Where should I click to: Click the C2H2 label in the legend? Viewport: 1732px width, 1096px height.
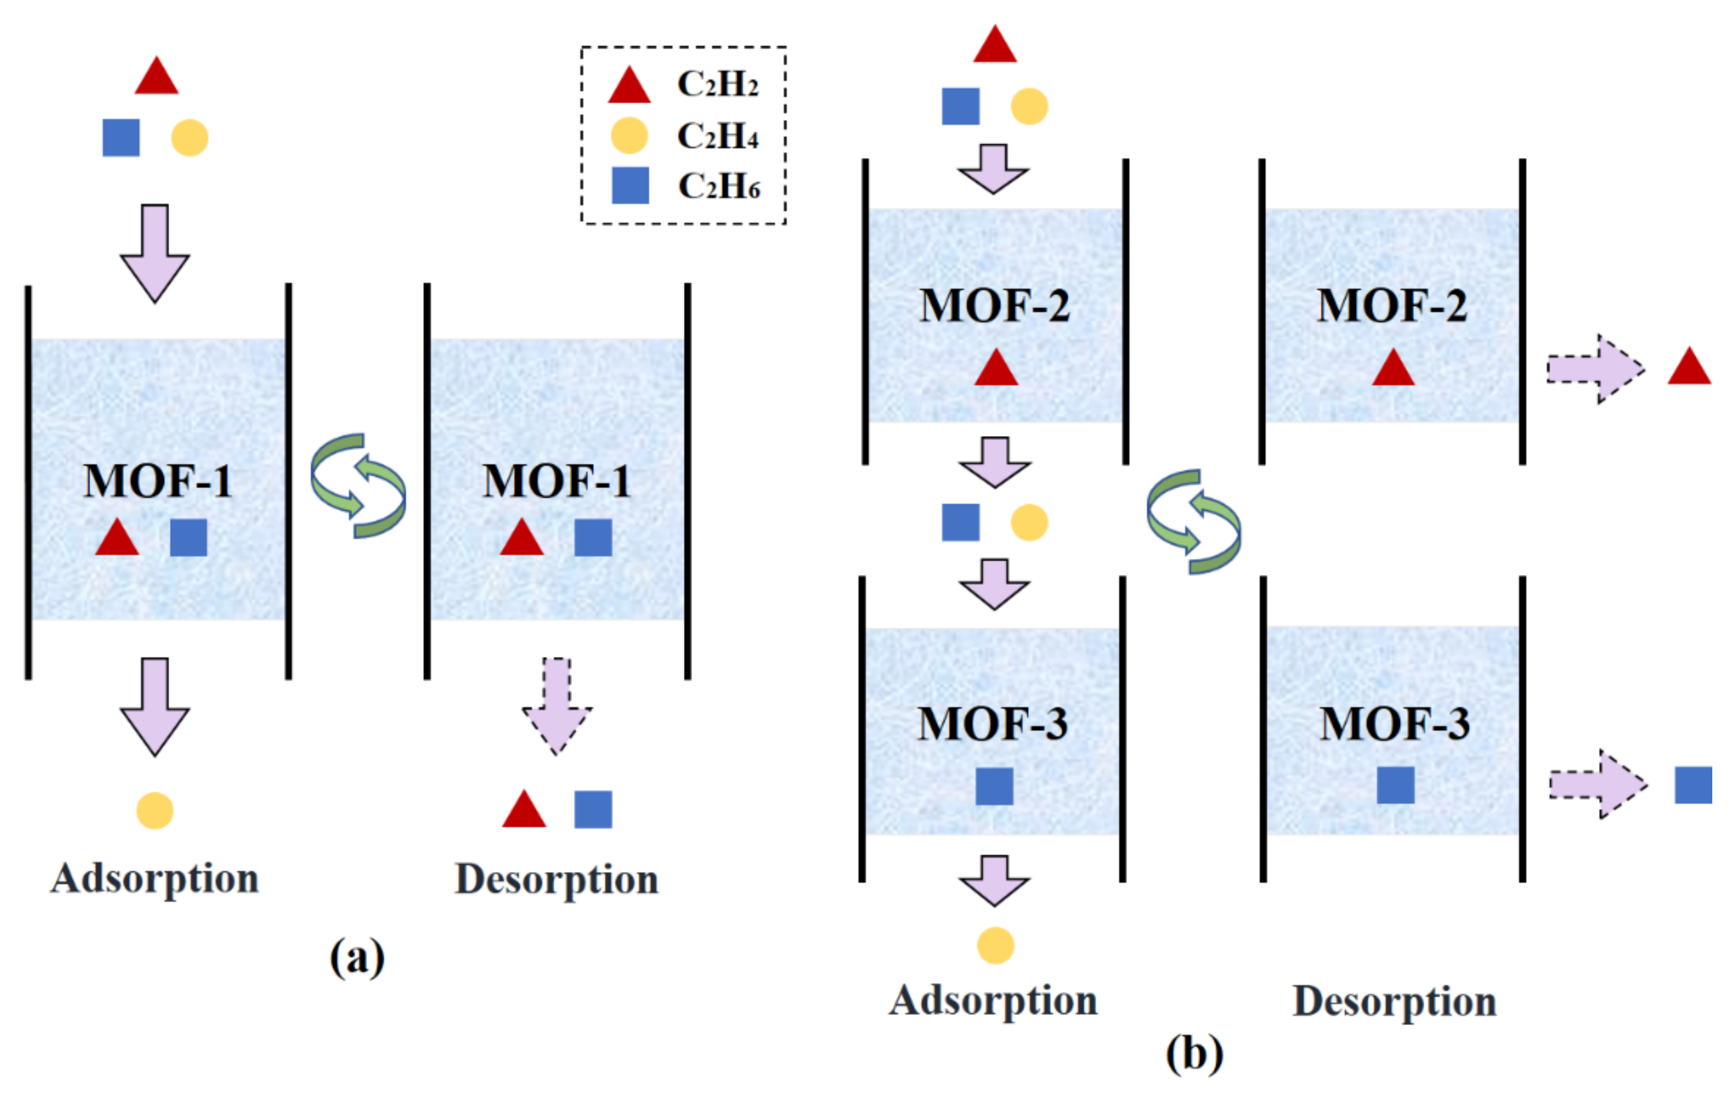click(717, 84)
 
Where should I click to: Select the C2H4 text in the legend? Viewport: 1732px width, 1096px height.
click(717, 135)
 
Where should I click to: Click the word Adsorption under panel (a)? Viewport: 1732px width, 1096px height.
click(155, 878)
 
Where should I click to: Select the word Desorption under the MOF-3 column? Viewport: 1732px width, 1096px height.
click(1394, 1001)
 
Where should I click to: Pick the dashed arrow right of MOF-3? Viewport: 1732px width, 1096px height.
click(1597, 784)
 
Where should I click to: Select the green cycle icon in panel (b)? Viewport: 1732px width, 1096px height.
click(1193, 522)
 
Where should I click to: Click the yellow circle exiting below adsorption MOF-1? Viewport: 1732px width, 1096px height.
click(155, 811)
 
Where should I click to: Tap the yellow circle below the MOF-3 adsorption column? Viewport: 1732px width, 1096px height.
click(995, 945)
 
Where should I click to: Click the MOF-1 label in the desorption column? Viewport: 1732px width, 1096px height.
click(557, 481)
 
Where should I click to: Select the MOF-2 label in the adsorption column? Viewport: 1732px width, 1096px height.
click(995, 306)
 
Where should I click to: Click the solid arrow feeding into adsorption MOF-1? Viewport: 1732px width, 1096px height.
click(155, 253)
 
